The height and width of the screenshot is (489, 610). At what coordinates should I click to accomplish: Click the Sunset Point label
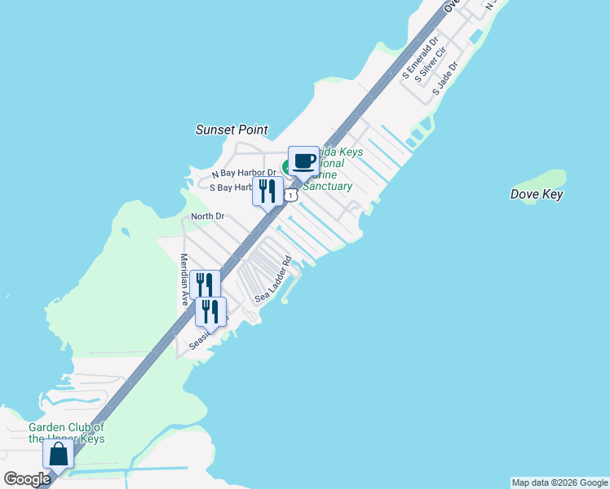tap(232, 130)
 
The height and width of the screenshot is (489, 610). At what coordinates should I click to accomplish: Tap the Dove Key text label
tap(537, 194)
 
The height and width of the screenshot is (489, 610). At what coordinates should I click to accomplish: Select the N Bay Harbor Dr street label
tap(244, 174)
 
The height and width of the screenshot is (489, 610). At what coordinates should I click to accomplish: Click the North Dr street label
tap(207, 216)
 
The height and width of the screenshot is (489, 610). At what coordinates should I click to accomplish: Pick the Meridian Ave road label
tap(184, 280)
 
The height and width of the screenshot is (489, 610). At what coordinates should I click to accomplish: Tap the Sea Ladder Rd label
tap(273, 280)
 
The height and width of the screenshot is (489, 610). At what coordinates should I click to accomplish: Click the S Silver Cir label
tap(431, 65)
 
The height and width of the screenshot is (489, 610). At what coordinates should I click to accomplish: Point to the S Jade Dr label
tap(446, 77)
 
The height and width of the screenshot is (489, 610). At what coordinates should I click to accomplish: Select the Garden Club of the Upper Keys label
tap(66, 433)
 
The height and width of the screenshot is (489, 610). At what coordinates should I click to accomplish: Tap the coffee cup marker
tap(303, 161)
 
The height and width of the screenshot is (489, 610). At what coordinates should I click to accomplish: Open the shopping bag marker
tap(58, 455)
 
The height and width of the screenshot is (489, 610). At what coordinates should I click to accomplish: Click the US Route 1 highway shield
tap(290, 196)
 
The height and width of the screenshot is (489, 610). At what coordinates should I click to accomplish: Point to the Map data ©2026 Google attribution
tap(559, 482)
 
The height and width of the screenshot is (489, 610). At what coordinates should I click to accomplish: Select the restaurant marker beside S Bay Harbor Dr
tap(267, 192)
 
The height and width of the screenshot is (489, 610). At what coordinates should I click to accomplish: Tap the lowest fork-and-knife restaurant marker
tap(210, 312)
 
